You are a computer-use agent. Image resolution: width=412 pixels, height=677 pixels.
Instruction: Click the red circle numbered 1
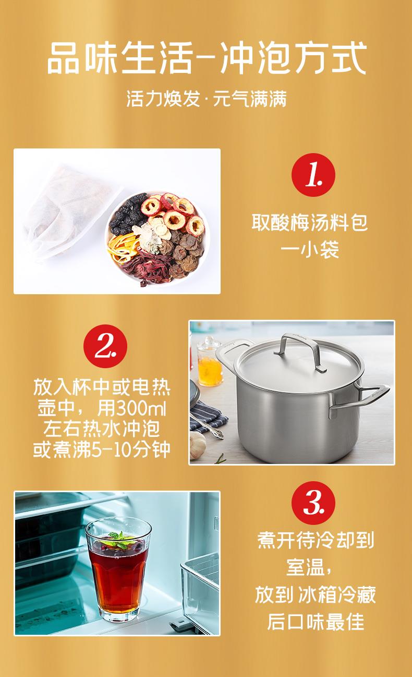tap(313, 175)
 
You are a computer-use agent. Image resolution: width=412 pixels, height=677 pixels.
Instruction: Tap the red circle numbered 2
tap(105, 346)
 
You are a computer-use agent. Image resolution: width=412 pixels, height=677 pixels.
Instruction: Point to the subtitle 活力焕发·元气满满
tap(207, 98)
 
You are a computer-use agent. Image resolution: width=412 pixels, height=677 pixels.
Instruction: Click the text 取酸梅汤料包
tap(310, 223)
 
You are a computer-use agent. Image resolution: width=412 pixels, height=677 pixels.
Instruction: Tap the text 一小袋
tap(310, 249)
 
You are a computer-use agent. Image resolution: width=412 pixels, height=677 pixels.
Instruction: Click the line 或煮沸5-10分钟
tap(101, 449)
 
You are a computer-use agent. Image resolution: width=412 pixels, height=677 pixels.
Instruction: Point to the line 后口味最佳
tap(316, 621)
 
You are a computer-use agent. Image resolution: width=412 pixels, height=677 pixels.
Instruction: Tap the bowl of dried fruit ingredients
tap(157, 239)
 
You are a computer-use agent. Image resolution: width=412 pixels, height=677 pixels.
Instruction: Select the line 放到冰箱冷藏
tap(316, 594)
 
